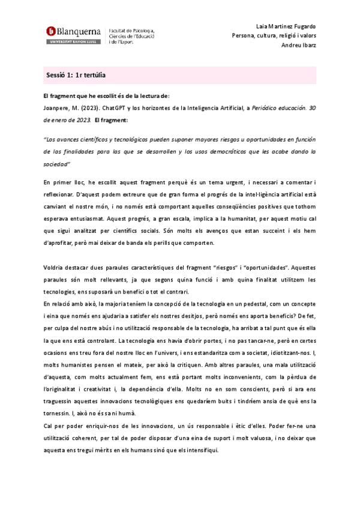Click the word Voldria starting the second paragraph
[x=55, y=252]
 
